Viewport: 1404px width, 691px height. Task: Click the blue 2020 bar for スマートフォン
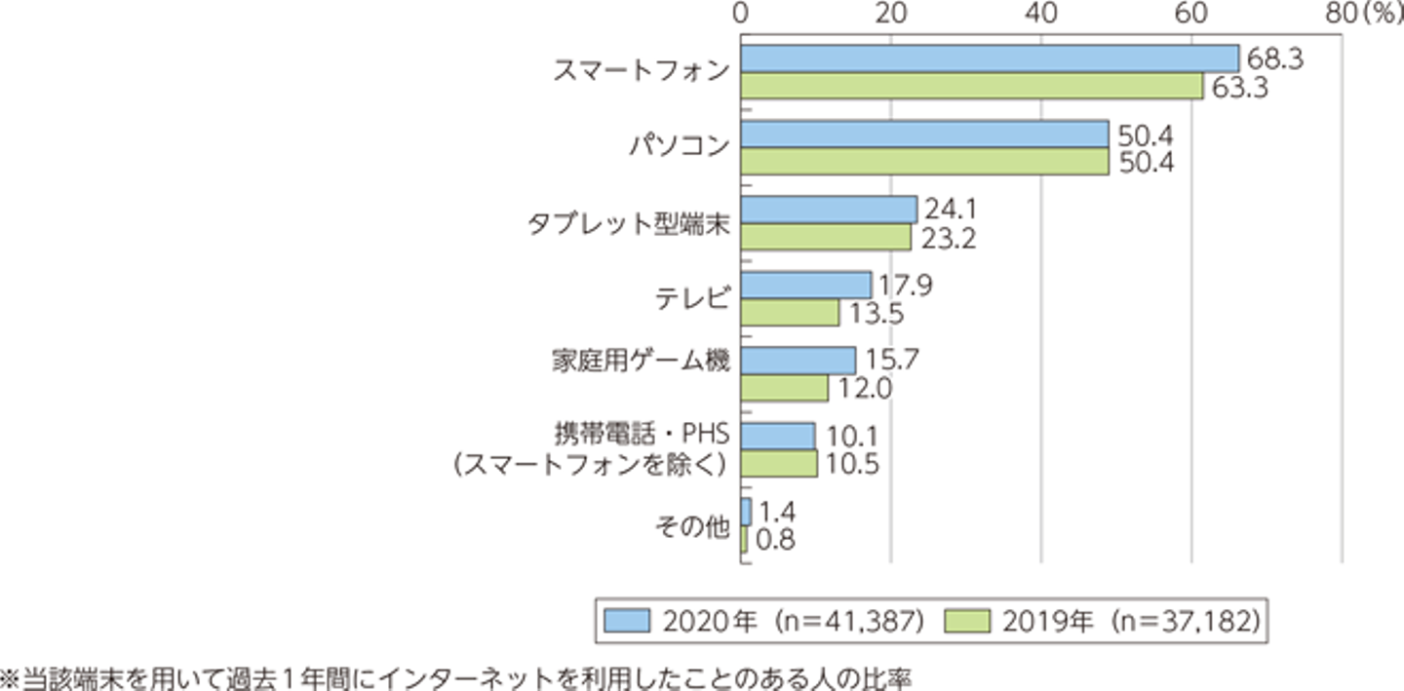pos(989,58)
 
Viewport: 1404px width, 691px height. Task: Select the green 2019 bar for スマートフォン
pos(971,86)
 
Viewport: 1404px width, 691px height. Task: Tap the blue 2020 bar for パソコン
pos(924,134)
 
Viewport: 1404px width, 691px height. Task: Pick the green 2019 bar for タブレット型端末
pos(826,237)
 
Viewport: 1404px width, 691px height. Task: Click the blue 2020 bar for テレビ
pos(805,285)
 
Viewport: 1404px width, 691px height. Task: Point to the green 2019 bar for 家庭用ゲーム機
pos(784,388)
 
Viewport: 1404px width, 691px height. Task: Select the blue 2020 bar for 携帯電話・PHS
pos(778,436)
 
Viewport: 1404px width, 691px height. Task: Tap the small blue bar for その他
pos(746,512)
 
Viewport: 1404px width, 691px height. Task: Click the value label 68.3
pos(1273,59)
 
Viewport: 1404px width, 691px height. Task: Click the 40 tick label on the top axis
pos(1040,14)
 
